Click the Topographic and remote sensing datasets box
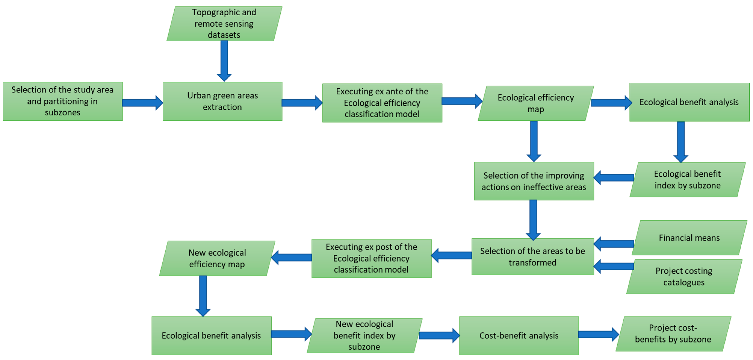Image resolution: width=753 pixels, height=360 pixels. coord(224,24)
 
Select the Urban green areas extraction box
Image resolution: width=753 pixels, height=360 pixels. coord(222,101)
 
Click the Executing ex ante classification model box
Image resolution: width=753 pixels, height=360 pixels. coord(382,103)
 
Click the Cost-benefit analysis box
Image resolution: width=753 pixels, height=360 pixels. coord(519,335)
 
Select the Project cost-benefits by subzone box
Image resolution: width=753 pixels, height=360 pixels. coord(673,334)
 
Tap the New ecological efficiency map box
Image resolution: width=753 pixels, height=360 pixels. coord(217,258)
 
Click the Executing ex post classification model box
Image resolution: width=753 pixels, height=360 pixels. coord(371,258)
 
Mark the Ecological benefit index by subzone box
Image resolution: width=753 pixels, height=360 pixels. coord(687,180)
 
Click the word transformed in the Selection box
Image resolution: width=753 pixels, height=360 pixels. coord(532,263)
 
